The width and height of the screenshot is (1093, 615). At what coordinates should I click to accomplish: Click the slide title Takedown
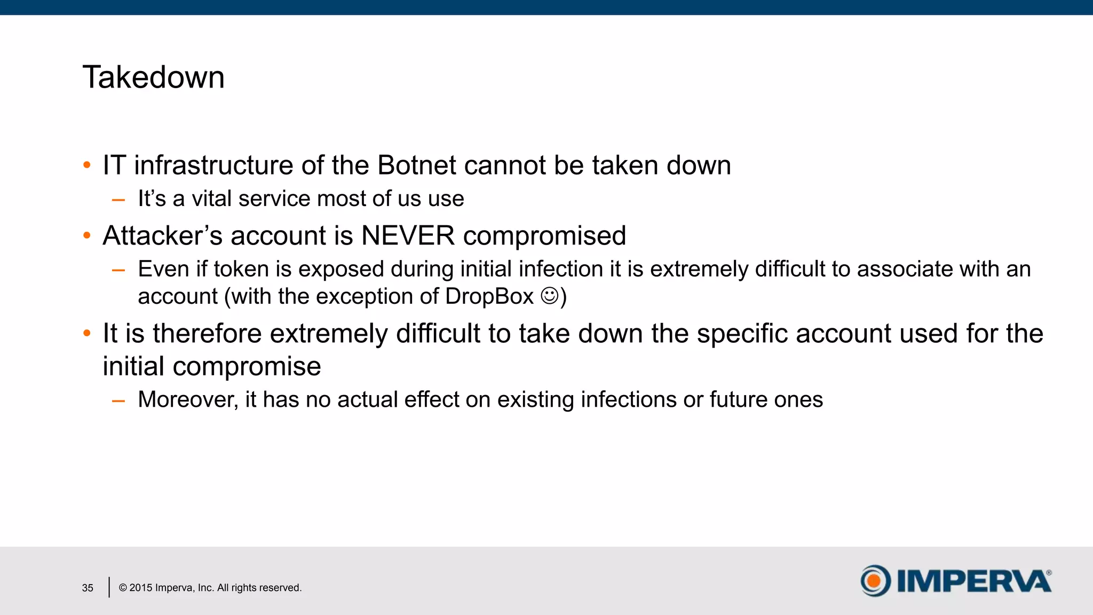(x=154, y=77)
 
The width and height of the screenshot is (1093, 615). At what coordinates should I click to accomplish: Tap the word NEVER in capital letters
(x=408, y=235)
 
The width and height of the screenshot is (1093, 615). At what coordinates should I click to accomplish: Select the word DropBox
(x=489, y=296)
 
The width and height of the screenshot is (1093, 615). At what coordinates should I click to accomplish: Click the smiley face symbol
(x=550, y=295)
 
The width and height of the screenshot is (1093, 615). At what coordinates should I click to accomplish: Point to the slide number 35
(x=88, y=588)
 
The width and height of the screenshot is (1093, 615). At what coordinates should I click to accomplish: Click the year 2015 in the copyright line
(x=141, y=588)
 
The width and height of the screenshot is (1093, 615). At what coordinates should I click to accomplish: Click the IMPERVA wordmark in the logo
(x=973, y=581)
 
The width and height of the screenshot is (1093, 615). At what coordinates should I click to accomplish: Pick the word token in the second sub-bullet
(x=241, y=269)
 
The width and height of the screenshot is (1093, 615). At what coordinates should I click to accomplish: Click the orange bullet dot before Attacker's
(x=87, y=235)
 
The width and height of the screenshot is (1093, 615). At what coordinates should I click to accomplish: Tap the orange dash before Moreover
(x=118, y=400)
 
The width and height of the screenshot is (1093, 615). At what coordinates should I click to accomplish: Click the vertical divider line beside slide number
(x=109, y=587)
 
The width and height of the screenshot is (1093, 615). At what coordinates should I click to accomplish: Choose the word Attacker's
(x=162, y=235)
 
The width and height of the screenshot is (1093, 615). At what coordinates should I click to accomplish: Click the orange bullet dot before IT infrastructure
(x=87, y=165)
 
